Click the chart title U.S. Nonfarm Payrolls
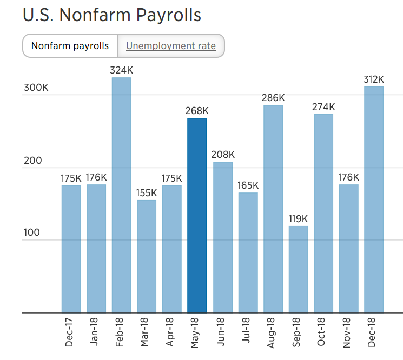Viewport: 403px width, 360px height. coord(112,15)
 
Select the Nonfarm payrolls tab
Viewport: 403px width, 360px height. coord(70,46)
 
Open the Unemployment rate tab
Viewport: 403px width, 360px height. coord(171,46)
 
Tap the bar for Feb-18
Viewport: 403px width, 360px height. coord(121,195)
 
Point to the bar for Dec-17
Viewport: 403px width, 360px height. coord(71,249)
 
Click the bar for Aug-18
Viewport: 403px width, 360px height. coord(273,208)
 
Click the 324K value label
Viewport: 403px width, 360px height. coord(121,70)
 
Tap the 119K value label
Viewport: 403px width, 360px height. coord(298,219)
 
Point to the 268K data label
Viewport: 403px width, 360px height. coord(197,111)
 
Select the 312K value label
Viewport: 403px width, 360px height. coord(374,79)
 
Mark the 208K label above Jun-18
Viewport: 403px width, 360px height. coord(222,155)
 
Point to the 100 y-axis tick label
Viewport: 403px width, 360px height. coord(32,233)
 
